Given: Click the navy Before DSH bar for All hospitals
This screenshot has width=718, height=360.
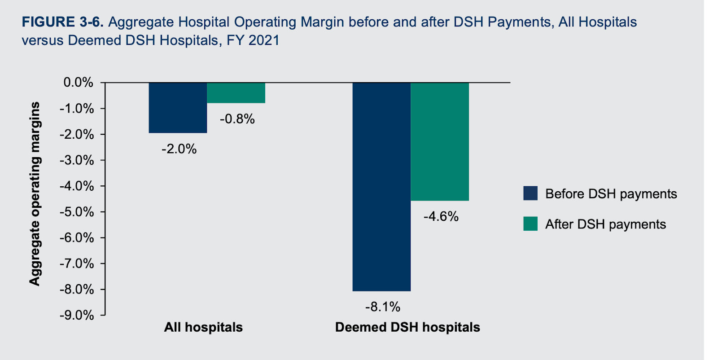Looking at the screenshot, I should [x=178, y=108].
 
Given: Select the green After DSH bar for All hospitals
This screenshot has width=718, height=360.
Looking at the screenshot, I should [x=236, y=93].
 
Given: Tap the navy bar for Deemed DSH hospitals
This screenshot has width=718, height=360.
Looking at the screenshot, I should [x=381, y=187].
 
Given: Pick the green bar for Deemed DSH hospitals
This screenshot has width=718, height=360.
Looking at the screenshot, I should [x=440, y=141].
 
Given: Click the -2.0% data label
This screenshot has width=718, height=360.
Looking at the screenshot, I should [x=179, y=149].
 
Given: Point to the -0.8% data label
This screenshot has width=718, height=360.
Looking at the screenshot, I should [x=237, y=119].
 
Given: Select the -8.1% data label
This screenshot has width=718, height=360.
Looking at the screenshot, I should [x=382, y=307].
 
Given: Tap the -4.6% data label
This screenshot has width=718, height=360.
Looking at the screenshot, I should [x=441, y=216].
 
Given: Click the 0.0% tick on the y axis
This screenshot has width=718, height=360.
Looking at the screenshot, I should [x=78, y=83].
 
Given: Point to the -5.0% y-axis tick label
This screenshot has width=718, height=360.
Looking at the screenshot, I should [x=77, y=212].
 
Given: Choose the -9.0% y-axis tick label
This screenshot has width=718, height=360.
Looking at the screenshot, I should [x=77, y=315].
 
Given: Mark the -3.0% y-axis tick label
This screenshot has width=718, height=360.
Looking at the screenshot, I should [x=77, y=160].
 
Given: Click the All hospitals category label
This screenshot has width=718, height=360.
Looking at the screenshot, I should [x=203, y=327].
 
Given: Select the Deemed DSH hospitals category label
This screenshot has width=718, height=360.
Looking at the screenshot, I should [x=407, y=327].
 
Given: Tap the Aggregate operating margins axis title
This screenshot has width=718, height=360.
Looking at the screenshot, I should [x=35, y=193].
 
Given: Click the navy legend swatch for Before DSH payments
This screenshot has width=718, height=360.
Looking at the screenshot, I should [x=530, y=193].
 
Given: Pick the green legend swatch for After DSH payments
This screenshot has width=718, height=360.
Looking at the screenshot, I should [x=530, y=224].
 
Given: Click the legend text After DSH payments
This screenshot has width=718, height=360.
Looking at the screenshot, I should [x=605, y=224].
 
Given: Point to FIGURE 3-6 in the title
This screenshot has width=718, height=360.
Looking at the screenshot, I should [x=63, y=22].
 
